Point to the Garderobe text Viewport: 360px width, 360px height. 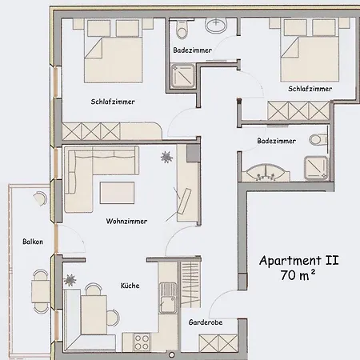[205, 322]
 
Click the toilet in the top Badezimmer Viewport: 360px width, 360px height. [182, 31]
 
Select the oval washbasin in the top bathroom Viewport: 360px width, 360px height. [216, 26]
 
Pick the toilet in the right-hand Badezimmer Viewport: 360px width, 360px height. [318, 141]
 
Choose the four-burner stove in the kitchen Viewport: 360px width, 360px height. [144, 342]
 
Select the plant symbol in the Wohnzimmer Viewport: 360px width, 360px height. [166, 157]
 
